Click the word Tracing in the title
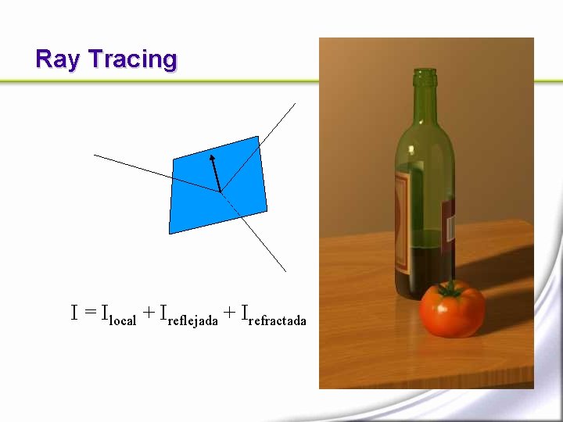[132, 60]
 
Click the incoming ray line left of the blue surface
[133, 166]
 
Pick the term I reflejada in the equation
[188, 315]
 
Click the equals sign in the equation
[90, 313]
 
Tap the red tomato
[451, 311]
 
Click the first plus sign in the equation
[148, 313]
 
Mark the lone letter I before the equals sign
[75, 313]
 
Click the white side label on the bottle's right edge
[450, 227]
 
